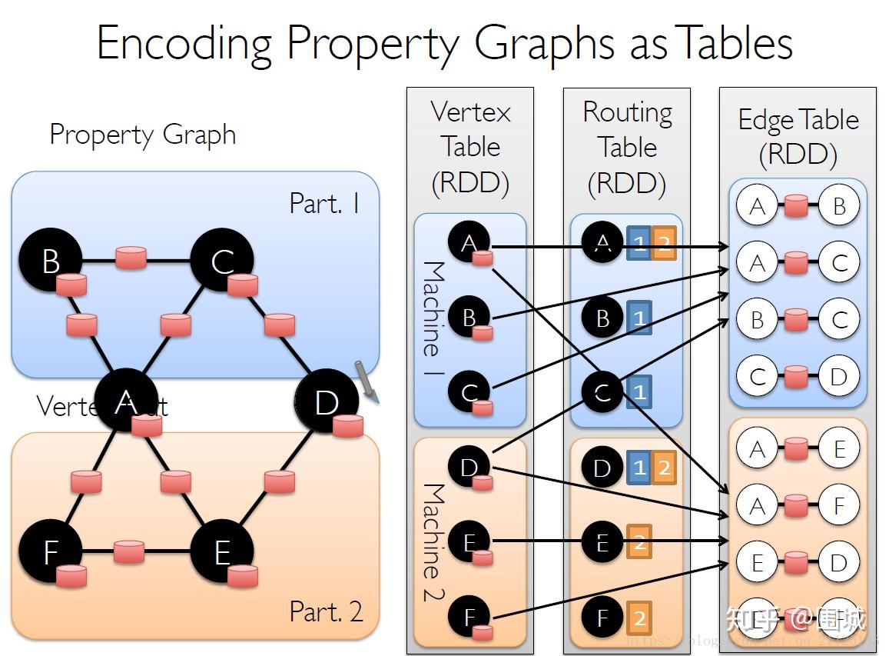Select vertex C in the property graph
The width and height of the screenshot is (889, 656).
click(x=222, y=261)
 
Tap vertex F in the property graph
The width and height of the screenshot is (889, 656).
click(x=51, y=551)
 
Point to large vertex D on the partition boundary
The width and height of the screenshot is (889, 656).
click(x=327, y=401)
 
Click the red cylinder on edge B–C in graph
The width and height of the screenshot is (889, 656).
click(x=131, y=258)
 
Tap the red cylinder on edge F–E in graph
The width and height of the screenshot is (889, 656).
click(x=128, y=551)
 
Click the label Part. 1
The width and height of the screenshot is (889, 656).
click(x=323, y=203)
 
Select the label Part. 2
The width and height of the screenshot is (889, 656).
click(x=325, y=611)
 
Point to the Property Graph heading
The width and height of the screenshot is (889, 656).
click(x=142, y=135)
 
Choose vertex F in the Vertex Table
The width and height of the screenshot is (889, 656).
click(x=469, y=617)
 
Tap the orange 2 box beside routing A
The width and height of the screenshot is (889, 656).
click(x=664, y=244)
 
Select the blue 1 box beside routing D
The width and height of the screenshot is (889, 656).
click(x=639, y=467)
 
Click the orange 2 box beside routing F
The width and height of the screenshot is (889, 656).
click(x=639, y=617)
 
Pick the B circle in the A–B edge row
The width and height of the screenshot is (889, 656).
click(x=838, y=206)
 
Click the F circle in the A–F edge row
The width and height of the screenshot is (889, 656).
click(x=838, y=505)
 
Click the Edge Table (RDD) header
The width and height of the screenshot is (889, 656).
click(x=798, y=137)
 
